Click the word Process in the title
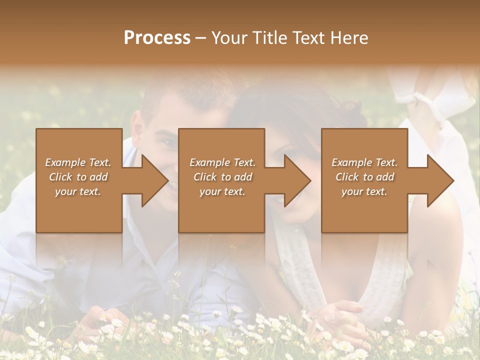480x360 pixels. [x=157, y=38]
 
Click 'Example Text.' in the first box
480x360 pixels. [x=78, y=162]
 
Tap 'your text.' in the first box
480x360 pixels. [x=78, y=191]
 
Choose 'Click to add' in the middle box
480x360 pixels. [x=222, y=176]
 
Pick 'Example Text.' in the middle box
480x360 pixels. [x=222, y=162]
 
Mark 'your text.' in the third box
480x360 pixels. [x=364, y=191]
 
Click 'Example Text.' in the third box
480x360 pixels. [x=364, y=162]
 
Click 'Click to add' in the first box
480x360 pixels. [x=78, y=176]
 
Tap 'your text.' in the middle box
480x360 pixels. [x=222, y=191]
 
